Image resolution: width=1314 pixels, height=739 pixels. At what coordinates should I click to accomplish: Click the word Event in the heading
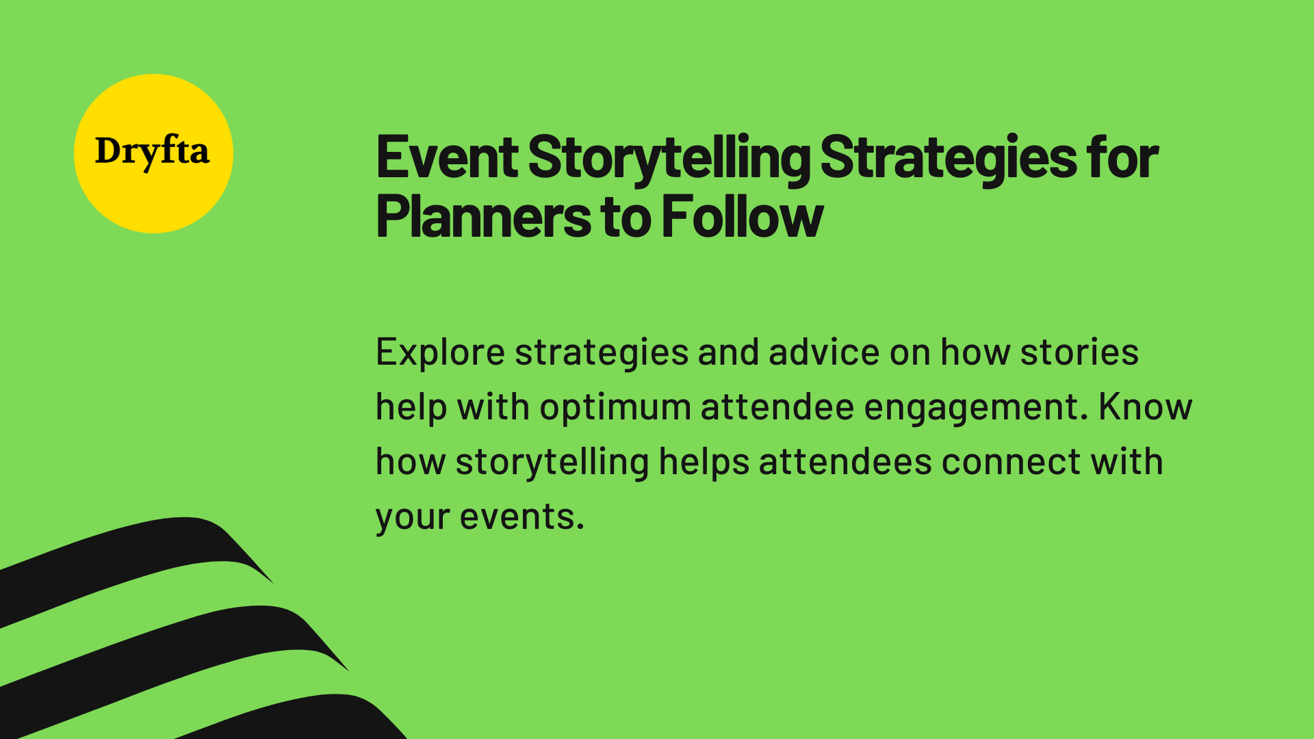[x=446, y=158]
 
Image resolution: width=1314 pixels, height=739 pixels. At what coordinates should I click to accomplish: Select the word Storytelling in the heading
[x=669, y=158]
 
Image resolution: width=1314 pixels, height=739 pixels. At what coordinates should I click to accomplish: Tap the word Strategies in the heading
[x=947, y=158]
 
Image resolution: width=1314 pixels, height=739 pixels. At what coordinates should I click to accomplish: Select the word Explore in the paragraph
[x=440, y=353]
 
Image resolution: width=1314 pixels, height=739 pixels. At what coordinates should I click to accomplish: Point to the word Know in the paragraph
[x=1145, y=407]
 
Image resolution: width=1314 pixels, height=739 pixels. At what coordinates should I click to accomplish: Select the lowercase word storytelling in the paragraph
[x=552, y=463]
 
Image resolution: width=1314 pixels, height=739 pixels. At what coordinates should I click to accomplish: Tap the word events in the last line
[x=521, y=517]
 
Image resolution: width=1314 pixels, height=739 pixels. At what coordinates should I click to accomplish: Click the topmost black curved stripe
[x=137, y=554]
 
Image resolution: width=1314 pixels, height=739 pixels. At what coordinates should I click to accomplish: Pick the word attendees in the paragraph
[x=845, y=463]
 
